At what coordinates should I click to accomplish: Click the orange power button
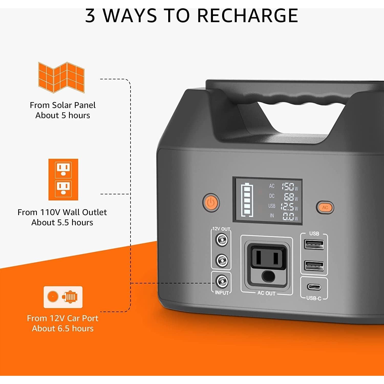click(211, 202)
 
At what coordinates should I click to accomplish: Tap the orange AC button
click(325, 207)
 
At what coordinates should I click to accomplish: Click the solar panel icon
click(61, 77)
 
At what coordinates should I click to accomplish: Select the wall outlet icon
click(63, 179)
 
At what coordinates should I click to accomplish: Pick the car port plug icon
click(63, 297)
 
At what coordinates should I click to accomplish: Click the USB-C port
click(314, 286)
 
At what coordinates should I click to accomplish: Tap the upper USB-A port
click(314, 244)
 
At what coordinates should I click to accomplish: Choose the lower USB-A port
click(314, 265)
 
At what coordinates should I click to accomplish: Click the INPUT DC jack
click(222, 282)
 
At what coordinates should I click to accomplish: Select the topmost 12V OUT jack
click(222, 240)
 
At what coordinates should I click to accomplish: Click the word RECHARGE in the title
click(248, 16)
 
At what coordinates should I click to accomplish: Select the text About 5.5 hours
click(62, 222)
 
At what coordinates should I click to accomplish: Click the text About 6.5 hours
click(63, 328)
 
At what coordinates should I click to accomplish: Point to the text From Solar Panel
click(63, 105)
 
